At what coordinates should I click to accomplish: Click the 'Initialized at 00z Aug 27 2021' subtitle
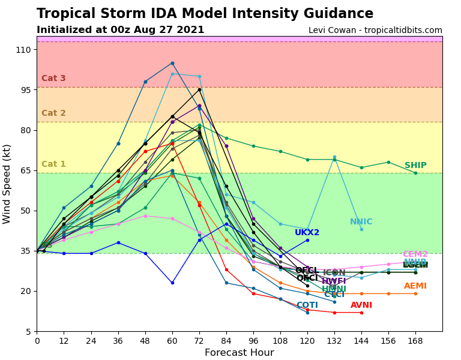tap(120, 30)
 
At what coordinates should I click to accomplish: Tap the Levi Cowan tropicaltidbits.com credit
tap(375, 31)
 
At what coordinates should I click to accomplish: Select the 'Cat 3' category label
tap(53, 79)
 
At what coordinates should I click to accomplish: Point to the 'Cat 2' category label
tap(53, 113)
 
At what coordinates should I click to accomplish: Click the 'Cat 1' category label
tap(53, 164)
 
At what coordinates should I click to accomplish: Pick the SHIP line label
tap(415, 166)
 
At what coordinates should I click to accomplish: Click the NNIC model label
tap(361, 222)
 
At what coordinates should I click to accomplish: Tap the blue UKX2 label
tap(307, 233)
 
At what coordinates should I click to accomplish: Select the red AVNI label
tap(361, 305)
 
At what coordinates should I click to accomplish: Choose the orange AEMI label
tap(415, 286)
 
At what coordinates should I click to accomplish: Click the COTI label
tap(307, 305)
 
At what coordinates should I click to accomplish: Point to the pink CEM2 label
tap(415, 254)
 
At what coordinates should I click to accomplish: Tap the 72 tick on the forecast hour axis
tap(199, 340)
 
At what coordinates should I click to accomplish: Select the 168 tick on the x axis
tap(415, 340)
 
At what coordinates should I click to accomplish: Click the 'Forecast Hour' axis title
tap(239, 353)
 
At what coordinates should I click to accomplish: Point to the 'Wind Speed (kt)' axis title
tap(7, 184)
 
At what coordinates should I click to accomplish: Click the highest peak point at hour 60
tap(172, 63)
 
